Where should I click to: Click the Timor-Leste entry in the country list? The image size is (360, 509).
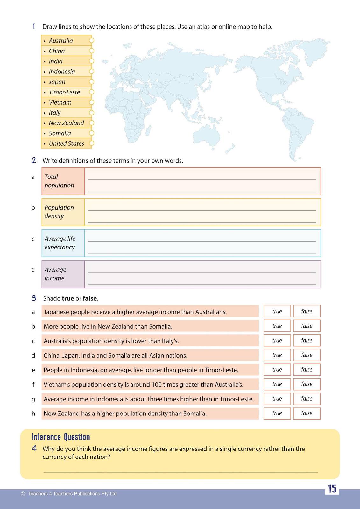pyautogui.click(x=64, y=92)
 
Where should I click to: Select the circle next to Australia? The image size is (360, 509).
pyautogui.click(x=92, y=40)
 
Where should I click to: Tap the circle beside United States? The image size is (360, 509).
pyautogui.click(x=92, y=143)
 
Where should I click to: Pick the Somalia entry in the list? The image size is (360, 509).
pyautogui.click(x=60, y=133)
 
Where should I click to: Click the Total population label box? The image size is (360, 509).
pyautogui.click(x=63, y=181)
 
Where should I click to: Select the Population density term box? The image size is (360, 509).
pyautogui.click(x=63, y=212)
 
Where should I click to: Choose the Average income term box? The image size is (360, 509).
pyautogui.click(x=63, y=274)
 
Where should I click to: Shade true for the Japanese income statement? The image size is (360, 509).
pyautogui.click(x=277, y=311)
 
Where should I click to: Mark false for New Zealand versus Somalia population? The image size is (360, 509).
pyautogui.click(x=307, y=326)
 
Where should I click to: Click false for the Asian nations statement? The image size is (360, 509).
pyautogui.click(x=307, y=355)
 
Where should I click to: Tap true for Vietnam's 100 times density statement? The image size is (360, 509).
pyautogui.click(x=277, y=384)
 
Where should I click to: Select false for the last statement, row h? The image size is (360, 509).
pyautogui.click(x=307, y=413)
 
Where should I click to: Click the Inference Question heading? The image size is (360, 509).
pyautogui.click(x=61, y=437)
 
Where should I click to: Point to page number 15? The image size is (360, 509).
pyautogui.click(x=332, y=489)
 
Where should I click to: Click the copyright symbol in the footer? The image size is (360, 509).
pyautogui.click(x=23, y=494)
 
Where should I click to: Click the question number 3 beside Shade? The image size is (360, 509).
pyautogui.click(x=34, y=298)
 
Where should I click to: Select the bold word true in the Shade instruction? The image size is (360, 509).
pyautogui.click(x=68, y=298)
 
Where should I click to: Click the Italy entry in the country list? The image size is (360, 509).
pyautogui.click(x=54, y=113)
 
